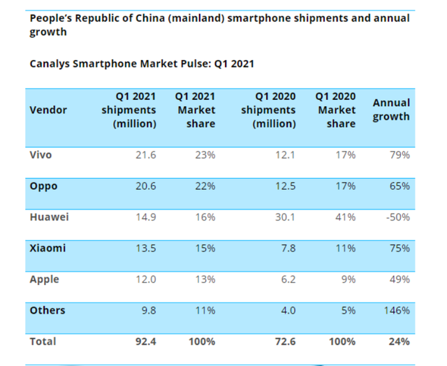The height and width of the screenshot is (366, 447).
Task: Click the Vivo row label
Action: tap(41, 154)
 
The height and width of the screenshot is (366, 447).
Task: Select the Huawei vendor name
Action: tap(49, 217)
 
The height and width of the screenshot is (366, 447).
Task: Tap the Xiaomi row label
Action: tap(47, 247)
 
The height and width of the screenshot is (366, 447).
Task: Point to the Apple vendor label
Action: tap(44, 279)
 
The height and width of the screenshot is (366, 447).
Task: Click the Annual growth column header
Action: tap(391, 110)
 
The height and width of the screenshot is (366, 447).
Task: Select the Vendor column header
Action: tap(48, 110)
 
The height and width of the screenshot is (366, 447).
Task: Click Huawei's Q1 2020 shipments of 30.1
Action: tap(285, 217)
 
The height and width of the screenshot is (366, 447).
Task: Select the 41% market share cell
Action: tap(345, 217)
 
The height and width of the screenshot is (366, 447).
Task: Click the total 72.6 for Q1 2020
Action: tap(284, 342)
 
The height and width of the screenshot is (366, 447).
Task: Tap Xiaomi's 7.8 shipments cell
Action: tap(287, 248)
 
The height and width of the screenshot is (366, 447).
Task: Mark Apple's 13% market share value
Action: tap(205, 279)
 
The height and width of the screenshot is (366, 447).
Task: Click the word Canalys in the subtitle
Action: tap(51, 64)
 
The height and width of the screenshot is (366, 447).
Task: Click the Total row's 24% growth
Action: tap(400, 342)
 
